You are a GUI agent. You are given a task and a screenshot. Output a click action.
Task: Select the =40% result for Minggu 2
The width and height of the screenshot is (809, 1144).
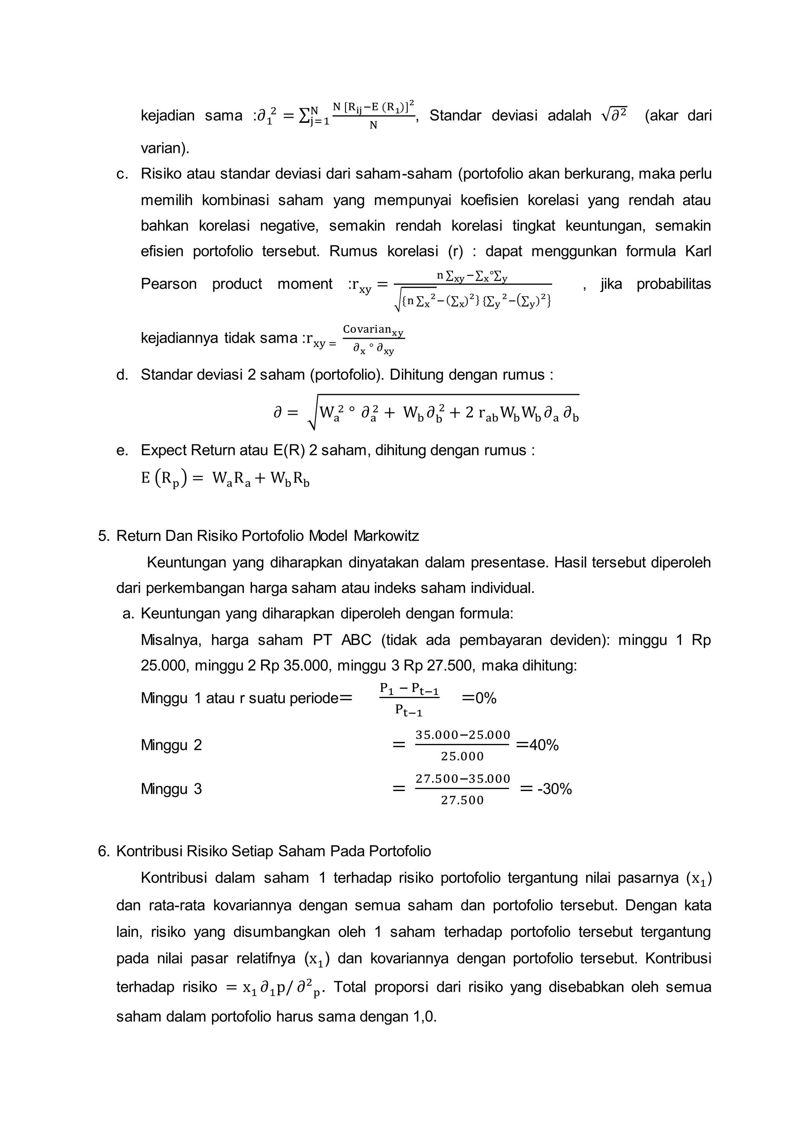coord(538,745)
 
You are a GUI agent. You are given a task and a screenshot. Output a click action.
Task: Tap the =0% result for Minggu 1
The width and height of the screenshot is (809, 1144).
coord(479,698)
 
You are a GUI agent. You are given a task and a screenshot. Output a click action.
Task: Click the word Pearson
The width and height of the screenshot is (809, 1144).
coord(168,284)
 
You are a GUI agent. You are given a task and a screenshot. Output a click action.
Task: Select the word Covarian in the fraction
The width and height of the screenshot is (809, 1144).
coord(367,328)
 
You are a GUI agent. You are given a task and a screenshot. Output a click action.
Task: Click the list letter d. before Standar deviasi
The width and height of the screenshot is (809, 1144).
coord(122,374)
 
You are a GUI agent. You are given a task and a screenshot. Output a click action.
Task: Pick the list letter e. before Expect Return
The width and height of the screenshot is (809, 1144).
coord(122,450)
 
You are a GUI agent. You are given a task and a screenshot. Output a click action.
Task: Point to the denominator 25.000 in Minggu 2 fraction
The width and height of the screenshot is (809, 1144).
coord(462,757)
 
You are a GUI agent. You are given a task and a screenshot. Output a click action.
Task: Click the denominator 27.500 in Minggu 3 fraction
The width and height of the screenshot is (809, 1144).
coord(462,800)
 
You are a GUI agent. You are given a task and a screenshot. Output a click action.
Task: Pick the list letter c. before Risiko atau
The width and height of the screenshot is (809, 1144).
coord(122,174)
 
